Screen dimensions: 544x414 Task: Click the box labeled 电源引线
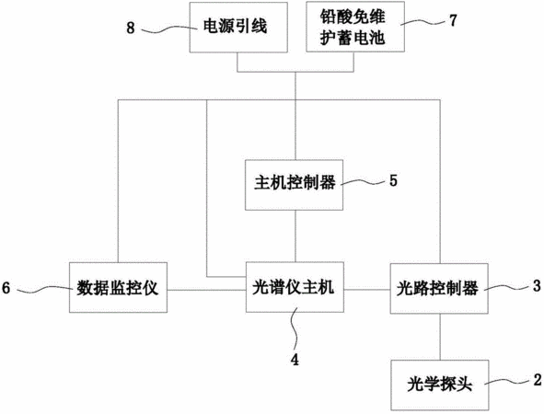coord(238,28)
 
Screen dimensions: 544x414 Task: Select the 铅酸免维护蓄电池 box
coord(355,27)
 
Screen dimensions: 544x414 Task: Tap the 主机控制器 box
coord(295,185)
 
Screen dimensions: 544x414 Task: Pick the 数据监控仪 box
coord(118,287)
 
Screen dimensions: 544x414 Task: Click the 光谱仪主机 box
coord(295,287)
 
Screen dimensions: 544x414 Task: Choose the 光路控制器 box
coord(439,289)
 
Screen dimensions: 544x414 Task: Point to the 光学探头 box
coord(440,385)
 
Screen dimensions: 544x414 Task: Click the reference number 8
coord(131,28)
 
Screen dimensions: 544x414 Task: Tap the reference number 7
coord(453,20)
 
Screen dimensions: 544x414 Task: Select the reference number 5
coord(393,180)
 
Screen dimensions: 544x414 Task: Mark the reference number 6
coord(6,288)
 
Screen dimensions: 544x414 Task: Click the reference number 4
coord(295,360)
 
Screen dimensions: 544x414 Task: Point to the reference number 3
coord(537,286)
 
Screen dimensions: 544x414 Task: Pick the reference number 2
coord(538,380)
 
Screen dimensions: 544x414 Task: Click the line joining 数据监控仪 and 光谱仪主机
coord(206,290)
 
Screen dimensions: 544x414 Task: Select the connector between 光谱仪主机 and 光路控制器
coord(367,289)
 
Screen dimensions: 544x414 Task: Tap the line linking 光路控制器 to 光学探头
coord(440,337)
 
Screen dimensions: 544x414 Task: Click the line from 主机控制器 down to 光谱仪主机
coord(295,236)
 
